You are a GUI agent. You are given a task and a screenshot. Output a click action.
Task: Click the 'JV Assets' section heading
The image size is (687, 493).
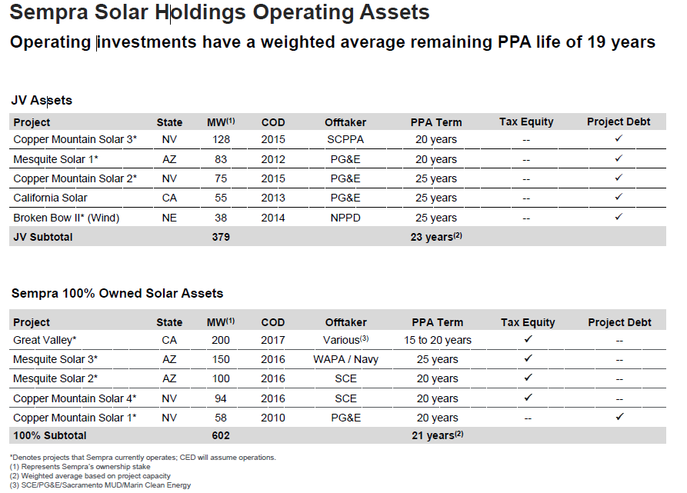point(42,101)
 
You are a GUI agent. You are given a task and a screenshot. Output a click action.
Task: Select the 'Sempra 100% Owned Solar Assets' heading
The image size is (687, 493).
point(117,293)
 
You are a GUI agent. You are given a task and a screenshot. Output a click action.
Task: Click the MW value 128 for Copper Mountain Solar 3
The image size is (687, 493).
point(222,139)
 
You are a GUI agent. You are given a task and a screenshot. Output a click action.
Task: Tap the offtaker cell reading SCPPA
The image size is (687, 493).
point(345,139)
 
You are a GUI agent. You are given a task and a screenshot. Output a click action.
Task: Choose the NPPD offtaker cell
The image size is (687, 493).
point(345,218)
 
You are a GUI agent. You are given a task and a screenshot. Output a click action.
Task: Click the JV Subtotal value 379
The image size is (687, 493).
point(222,237)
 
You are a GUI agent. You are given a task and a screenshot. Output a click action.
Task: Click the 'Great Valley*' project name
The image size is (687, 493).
point(45,339)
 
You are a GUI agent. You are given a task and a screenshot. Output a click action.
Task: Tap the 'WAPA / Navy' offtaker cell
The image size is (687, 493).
point(345,359)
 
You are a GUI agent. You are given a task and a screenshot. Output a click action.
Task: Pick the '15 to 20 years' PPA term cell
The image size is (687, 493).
point(438,340)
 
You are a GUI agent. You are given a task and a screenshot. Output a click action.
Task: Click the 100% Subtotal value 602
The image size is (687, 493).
point(222,436)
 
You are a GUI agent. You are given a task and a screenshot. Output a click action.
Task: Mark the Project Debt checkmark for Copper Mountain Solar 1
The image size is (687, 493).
point(619,417)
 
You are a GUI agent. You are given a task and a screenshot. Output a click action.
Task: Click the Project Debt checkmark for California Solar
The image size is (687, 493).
point(619,197)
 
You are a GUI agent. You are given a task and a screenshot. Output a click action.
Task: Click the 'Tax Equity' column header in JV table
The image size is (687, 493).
point(526,122)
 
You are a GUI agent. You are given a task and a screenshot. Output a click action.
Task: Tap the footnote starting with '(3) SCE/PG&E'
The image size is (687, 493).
point(100,485)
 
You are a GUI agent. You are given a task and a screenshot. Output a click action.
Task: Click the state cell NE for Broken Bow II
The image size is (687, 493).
point(169,218)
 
